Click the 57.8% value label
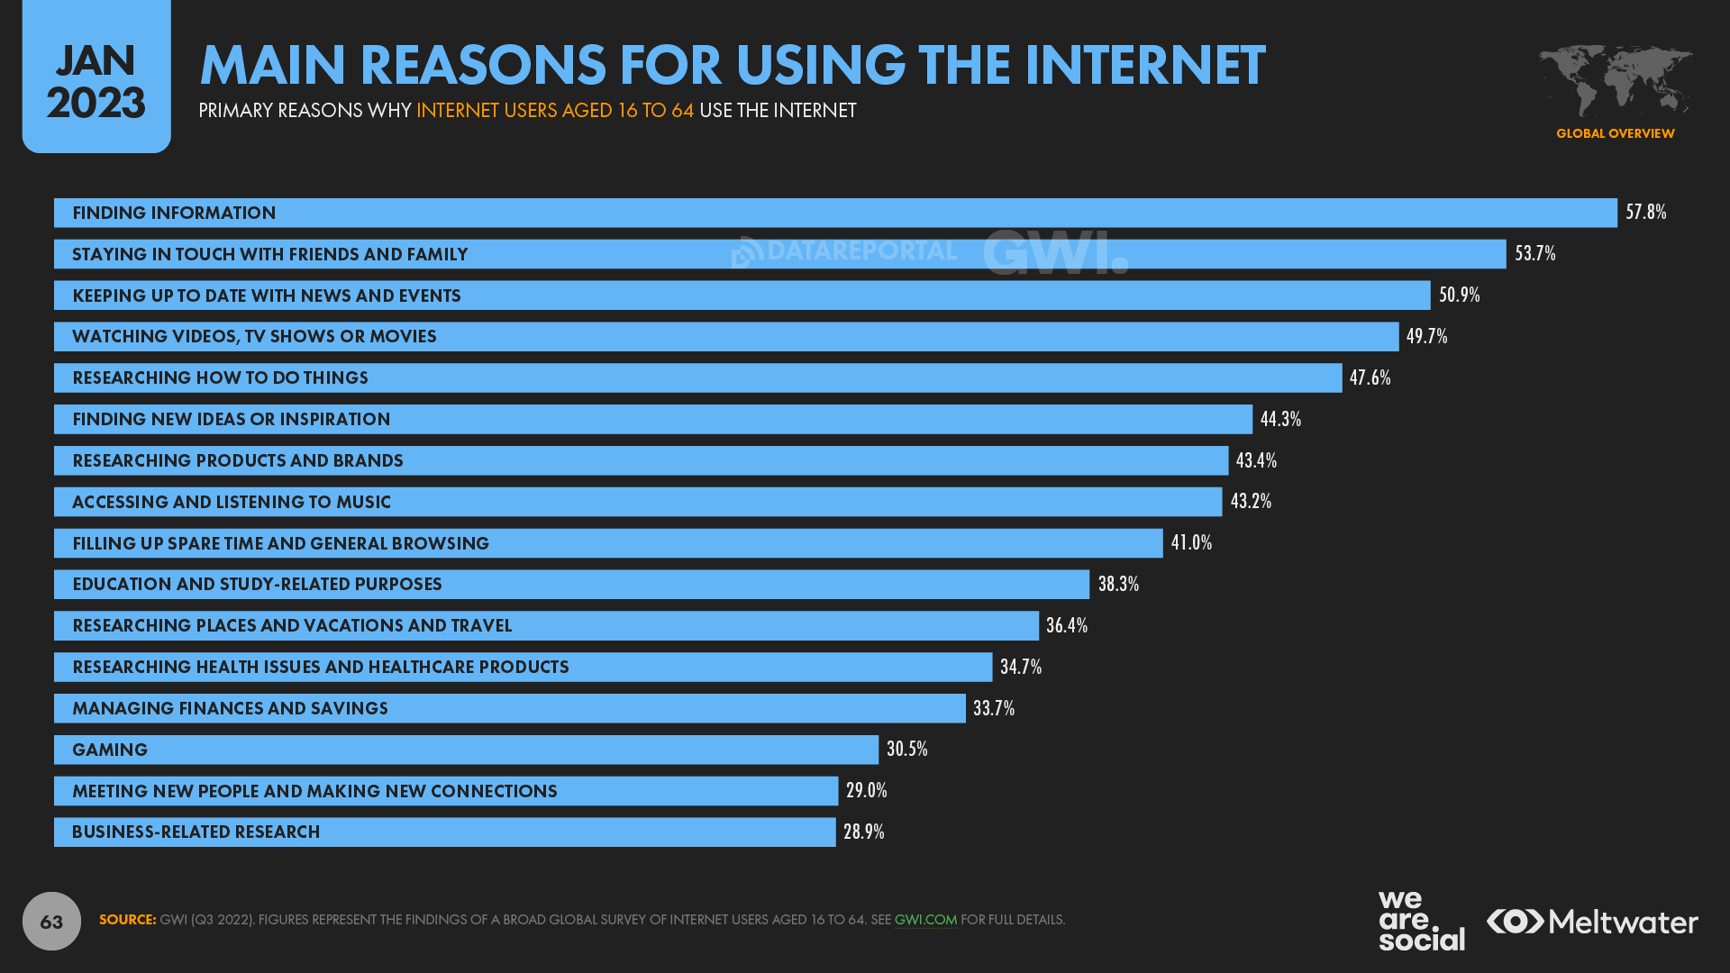pos(1645,213)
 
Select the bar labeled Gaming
pos(466,750)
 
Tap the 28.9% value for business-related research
pos(863,832)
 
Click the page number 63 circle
pos(51,921)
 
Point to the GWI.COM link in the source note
pos(925,920)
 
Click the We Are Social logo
pos(1420,921)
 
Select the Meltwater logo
pos(1592,922)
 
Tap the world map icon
pos(1615,81)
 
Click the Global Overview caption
pos(1615,133)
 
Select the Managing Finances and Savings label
pos(230,708)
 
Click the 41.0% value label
pos(1191,542)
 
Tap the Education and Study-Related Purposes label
pos(257,584)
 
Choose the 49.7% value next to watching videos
pos(1426,336)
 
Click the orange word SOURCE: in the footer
pos(127,920)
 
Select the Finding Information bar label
pos(174,213)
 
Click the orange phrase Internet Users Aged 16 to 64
pos(554,111)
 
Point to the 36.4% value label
pos(1066,625)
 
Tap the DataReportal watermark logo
pos(843,251)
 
